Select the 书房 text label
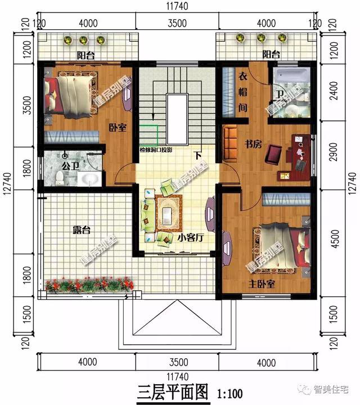[253, 145]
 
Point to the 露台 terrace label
[82, 230]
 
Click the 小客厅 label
[190, 238]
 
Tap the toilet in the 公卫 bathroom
[60, 178]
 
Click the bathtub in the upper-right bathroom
[290, 75]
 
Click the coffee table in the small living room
[168, 213]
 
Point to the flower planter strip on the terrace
[90, 286]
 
